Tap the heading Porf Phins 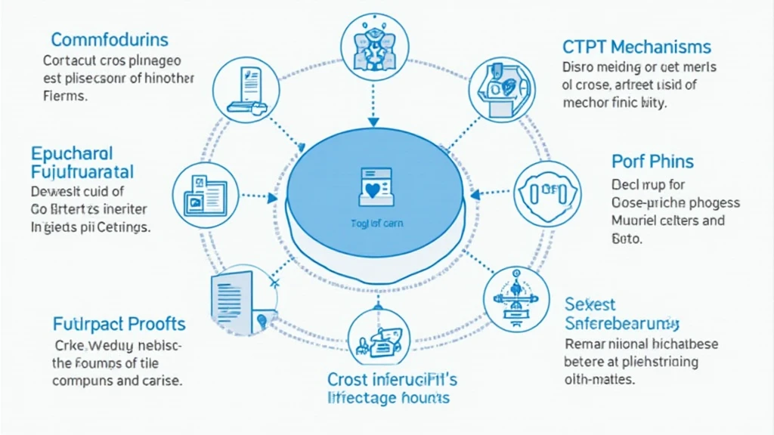coord(652,161)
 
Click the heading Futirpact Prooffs coord(119,324)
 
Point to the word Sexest coord(590,304)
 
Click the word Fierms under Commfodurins coord(66,97)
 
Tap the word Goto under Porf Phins coord(626,239)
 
